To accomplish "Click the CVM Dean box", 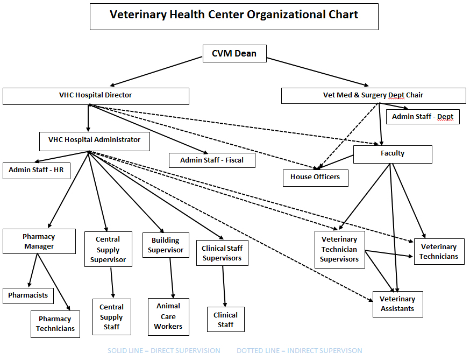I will coord(234,53).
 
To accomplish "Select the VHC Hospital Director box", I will coord(96,96).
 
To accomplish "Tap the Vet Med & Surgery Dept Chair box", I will coord(373,95).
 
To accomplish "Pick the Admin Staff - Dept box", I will coord(423,116).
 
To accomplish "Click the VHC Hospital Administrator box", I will coord(95,140).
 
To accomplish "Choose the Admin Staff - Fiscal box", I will coord(212,160).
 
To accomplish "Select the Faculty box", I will coord(393,154).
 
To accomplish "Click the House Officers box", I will coord(315,177).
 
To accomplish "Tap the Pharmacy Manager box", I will coord(39,241).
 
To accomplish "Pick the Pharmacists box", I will coord(28,295).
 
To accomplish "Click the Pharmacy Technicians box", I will coord(55,324).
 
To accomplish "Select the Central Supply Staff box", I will coord(111,317).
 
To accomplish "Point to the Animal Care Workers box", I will coord(168,316).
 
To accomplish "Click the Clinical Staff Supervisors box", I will coord(222,253).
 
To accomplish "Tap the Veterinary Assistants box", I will coord(398,304).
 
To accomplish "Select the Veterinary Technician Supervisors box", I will coord(339,249).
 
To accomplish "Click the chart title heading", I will coord(234,15).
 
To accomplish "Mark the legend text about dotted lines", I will coord(300,351).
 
